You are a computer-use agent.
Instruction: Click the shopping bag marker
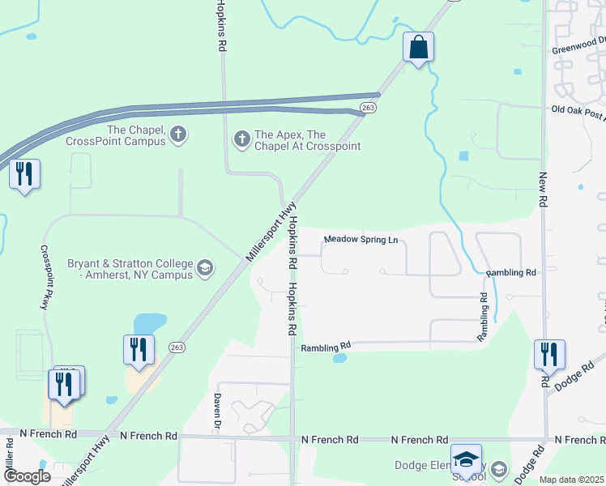[x=419, y=48]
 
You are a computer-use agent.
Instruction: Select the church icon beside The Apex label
[x=241, y=139]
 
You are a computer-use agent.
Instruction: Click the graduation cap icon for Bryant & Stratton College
[x=205, y=268]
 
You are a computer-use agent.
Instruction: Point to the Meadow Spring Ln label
[x=361, y=240]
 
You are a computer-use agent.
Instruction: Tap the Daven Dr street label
[x=217, y=411]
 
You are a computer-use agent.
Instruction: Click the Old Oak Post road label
[x=578, y=113]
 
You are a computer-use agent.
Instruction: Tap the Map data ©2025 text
[x=572, y=480]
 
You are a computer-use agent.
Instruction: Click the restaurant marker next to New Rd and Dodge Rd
[x=549, y=354]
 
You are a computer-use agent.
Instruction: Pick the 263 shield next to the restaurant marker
[x=176, y=347]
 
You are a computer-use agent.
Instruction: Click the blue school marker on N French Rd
[x=467, y=459]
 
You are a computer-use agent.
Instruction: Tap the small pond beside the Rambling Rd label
[x=340, y=358]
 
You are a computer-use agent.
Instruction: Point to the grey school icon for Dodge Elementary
[x=500, y=468]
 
